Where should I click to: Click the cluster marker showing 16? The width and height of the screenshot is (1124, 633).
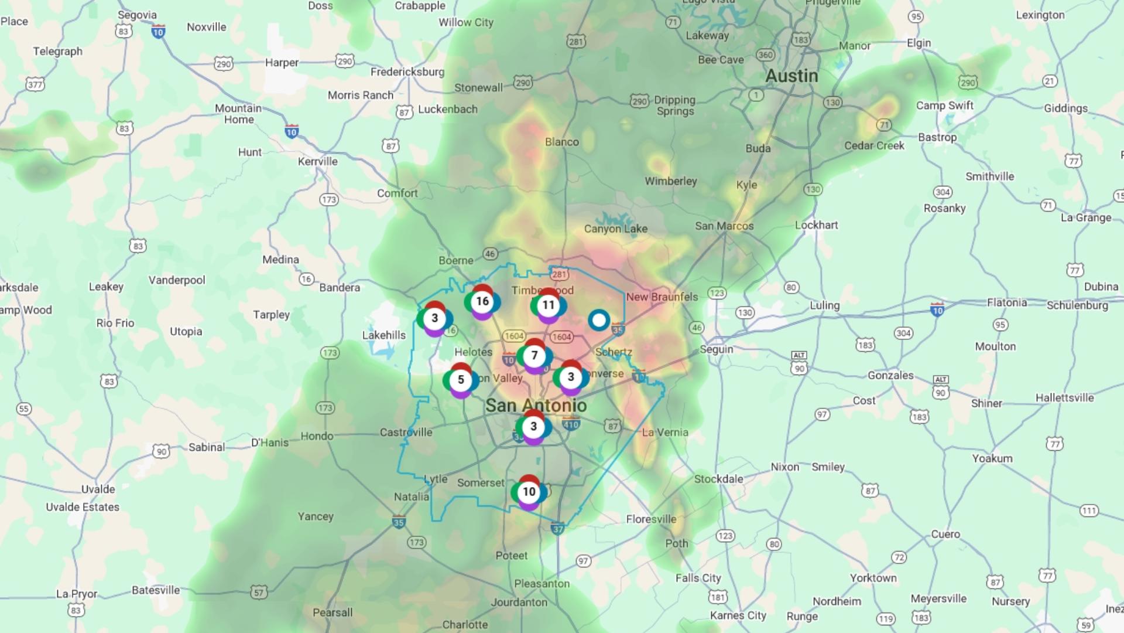click(x=482, y=302)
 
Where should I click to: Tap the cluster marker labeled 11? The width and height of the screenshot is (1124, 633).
click(x=548, y=305)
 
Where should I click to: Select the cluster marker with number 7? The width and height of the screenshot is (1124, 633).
click(x=534, y=356)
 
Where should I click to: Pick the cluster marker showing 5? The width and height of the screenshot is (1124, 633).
click(x=461, y=380)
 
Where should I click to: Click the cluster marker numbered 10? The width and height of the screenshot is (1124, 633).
click(x=529, y=492)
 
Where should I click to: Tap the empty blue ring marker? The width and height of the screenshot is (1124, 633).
click(x=598, y=321)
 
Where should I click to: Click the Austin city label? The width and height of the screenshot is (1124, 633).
click(x=791, y=76)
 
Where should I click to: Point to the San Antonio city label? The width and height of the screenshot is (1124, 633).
click(x=536, y=406)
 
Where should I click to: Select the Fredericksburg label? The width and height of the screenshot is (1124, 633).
click(x=407, y=72)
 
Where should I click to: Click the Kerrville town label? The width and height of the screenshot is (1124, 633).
click(x=317, y=162)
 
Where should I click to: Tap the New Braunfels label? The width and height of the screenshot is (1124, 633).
click(x=662, y=297)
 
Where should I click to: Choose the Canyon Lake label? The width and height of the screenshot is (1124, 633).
click(x=616, y=229)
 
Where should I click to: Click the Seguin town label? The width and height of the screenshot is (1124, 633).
click(x=717, y=349)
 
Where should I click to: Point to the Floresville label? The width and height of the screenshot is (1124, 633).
click(x=651, y=519)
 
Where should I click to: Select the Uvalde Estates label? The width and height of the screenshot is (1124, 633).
click(x=83, y=508)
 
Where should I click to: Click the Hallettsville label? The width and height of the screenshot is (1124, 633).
click(x=1064, y=398)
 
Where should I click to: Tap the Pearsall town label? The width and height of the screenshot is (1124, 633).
click(x=333, y=612)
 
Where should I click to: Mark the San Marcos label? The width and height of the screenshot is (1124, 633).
click(x=724, y=226)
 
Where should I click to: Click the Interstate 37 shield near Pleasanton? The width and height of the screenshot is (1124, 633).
click(x=557, y=529)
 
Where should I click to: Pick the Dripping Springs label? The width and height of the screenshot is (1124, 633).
click(x=675, y=105)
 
